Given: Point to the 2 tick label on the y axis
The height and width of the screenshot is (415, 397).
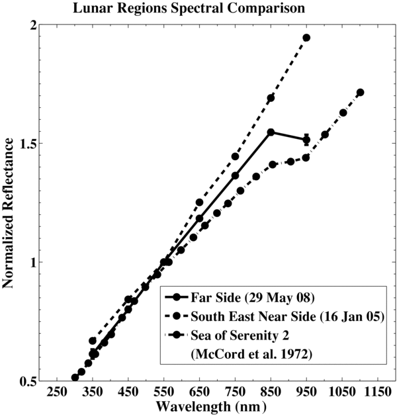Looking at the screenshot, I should (30, 24).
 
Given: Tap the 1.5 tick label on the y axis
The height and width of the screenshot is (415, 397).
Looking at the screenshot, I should (24, 144).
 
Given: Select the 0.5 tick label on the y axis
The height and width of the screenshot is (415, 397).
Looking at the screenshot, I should (24, 382).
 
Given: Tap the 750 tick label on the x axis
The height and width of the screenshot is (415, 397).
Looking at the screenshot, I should (235, 392).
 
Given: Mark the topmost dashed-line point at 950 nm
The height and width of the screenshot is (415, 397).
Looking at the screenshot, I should (306, 38).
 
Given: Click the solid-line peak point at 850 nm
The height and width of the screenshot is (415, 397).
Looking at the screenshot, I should (271, 132).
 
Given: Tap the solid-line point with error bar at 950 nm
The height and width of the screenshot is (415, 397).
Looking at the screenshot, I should (306, 140).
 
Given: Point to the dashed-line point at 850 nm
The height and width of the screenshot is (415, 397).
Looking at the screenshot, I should (271, 98).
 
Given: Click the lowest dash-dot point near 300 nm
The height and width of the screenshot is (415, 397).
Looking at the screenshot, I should (75, 377).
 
